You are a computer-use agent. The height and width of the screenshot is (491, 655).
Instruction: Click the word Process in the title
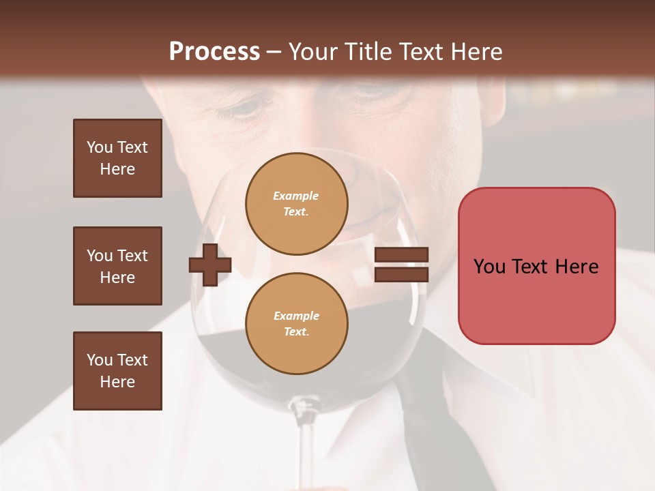pos(214,52)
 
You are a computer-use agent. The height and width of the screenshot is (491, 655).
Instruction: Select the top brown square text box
pos(117,158)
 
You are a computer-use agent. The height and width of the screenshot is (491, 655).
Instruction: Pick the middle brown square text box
pos(117,266)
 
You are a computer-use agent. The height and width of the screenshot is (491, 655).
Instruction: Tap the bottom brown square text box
pos(117,371)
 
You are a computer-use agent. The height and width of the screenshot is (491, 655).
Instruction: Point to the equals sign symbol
pos(401,265)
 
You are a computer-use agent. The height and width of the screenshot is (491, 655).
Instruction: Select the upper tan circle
pos(296,204)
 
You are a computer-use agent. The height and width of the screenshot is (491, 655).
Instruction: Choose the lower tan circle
pos(296,323)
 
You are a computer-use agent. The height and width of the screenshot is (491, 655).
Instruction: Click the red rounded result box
pos(536,266)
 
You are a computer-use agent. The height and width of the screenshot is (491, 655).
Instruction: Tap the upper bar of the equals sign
pos(401,255)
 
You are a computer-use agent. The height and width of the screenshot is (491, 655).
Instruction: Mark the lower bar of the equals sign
pos(401,274)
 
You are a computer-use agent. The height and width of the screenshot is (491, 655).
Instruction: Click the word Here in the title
pos(476,52)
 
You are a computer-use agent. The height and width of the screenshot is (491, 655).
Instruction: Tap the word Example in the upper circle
pos(296,196)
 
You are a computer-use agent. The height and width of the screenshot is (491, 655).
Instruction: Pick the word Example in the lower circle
pos(296,316)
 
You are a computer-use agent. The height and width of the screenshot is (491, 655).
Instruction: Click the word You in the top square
pos(100,147)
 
